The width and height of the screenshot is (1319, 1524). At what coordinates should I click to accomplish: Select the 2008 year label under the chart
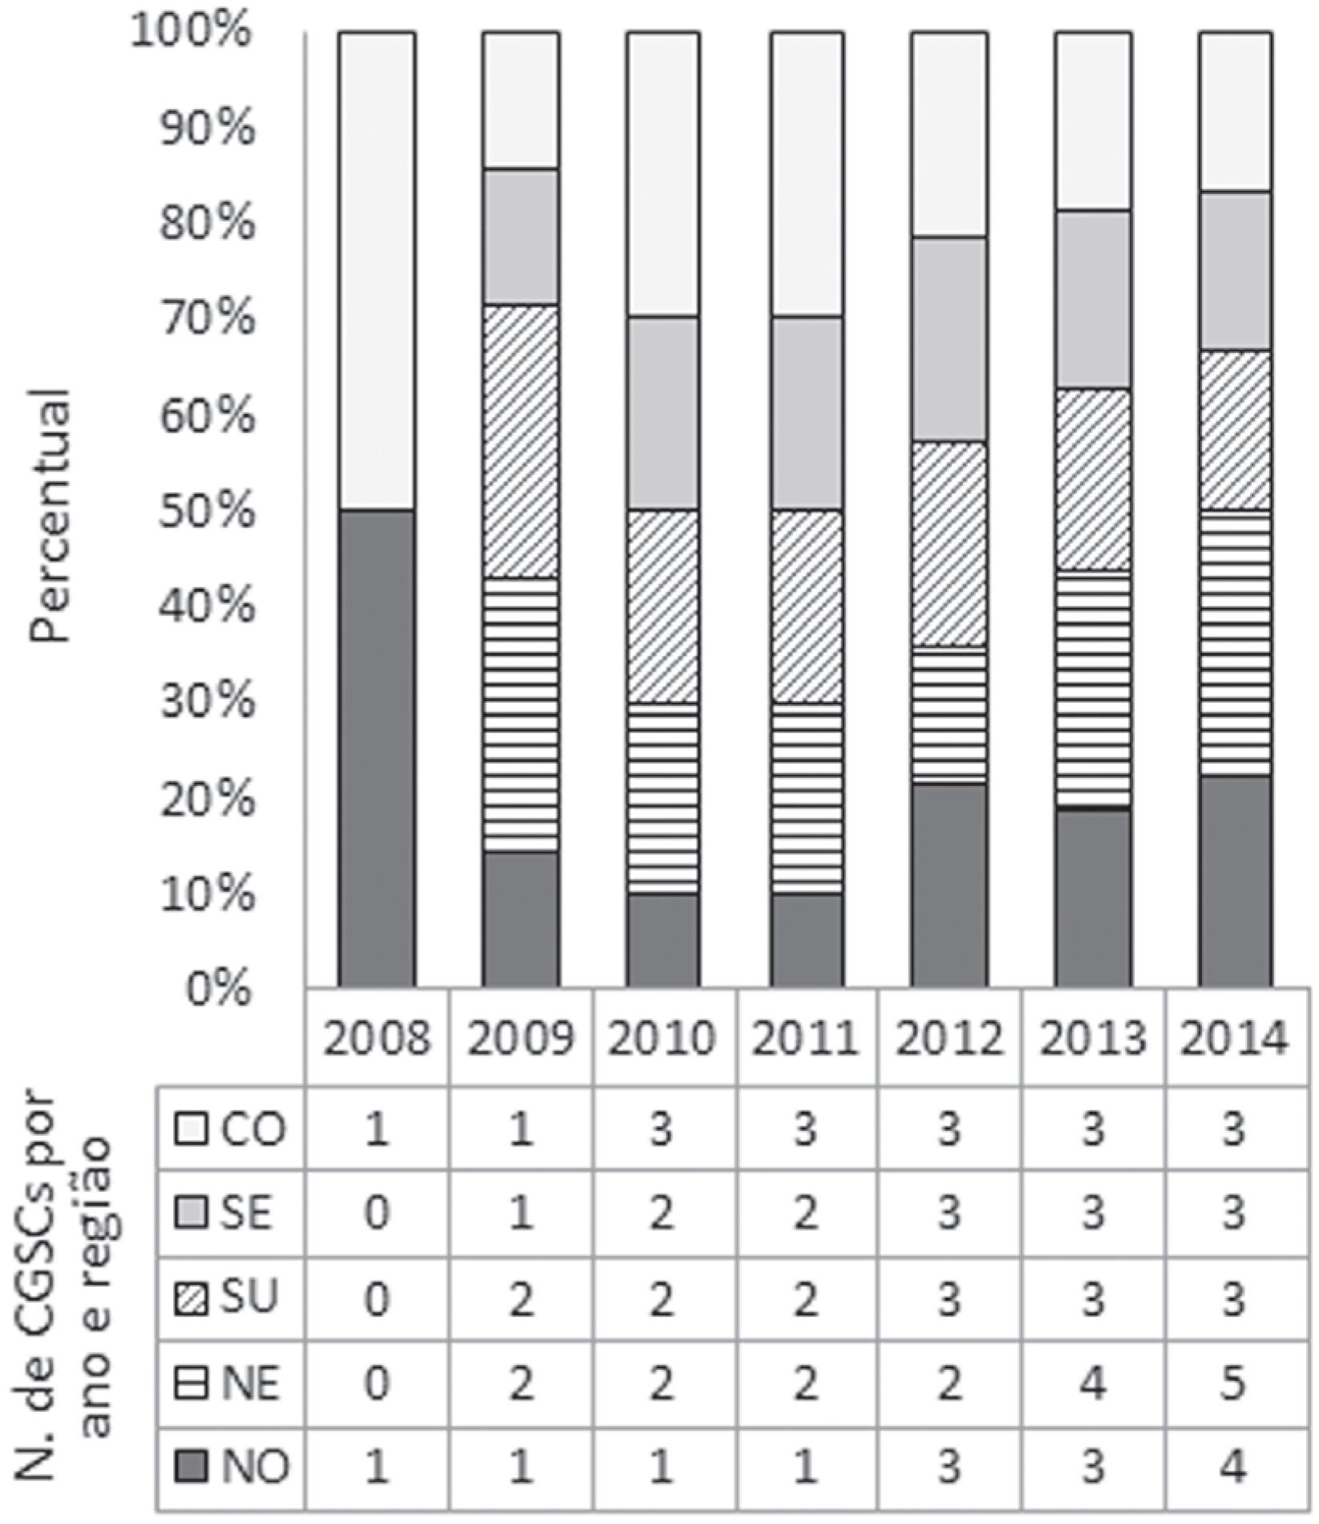point(377,1038)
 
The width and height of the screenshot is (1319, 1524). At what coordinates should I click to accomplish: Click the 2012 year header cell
point(949,1038)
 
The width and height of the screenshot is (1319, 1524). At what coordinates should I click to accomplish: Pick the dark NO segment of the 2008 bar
point(377,746)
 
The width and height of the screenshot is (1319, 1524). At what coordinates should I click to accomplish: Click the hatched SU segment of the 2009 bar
point(520,441)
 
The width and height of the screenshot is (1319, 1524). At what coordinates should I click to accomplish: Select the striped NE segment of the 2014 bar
point(1235,642)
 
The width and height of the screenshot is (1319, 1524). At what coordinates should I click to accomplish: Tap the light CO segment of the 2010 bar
point(663,173)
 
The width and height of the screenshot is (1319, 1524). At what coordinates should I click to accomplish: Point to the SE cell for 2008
point(377,1212)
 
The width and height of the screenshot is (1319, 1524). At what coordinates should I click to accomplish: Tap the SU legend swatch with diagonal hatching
point(192,1298)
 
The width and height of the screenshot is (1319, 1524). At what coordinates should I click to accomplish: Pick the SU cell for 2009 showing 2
point(520,1298)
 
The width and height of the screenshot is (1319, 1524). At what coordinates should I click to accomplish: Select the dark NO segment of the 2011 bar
point(807,938)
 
